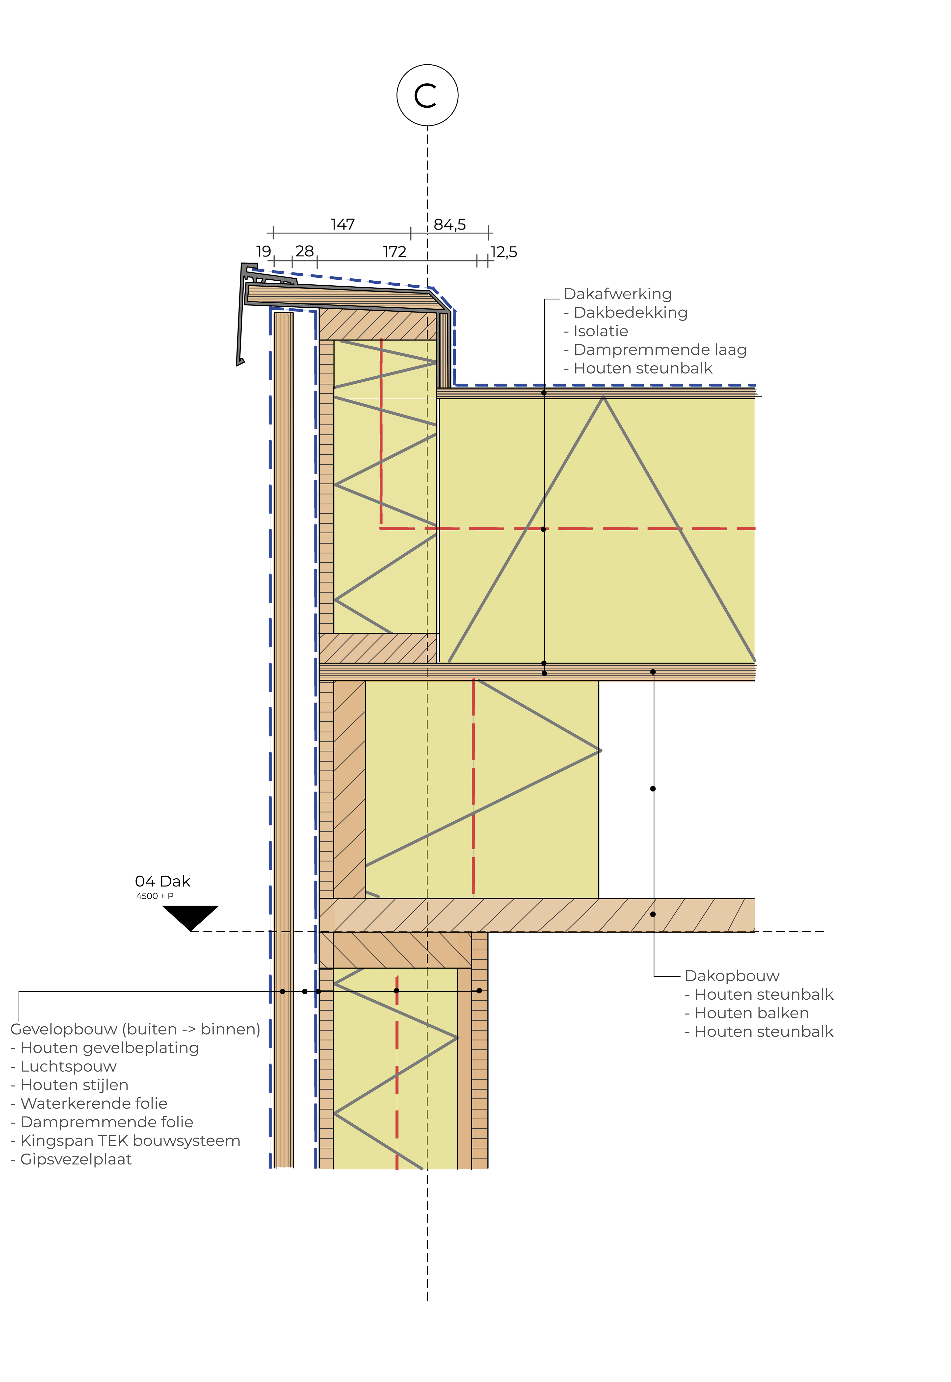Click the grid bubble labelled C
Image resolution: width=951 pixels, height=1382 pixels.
point(427,95)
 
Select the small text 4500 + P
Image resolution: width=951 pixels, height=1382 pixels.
point(155,896)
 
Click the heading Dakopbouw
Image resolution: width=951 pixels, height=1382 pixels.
point(732,976)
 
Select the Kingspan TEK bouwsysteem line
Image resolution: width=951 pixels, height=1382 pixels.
point(126,1141)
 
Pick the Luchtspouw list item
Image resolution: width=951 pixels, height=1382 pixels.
point(64,1066)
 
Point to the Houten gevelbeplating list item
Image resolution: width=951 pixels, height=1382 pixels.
point(105,1048)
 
